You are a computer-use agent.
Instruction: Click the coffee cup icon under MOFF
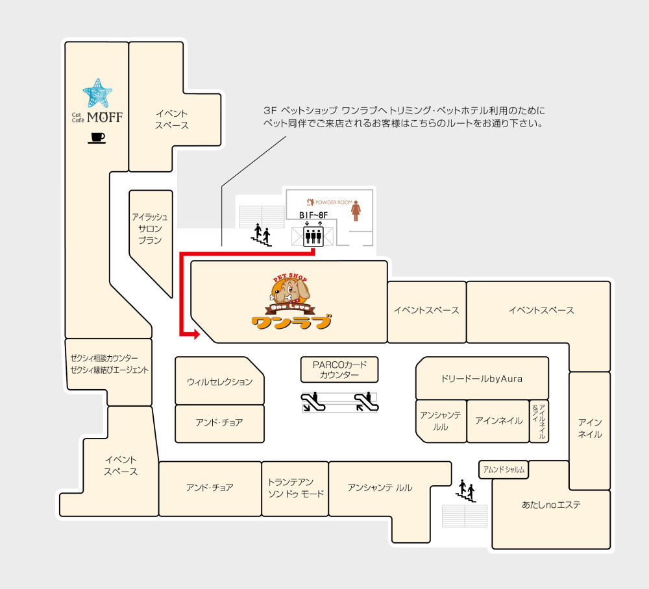[97, 138]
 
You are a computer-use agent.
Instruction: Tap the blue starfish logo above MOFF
[97, 94]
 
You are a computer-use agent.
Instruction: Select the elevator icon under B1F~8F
[313, 235]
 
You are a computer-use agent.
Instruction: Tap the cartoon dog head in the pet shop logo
[290, 293]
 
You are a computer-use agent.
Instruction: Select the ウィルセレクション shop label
[219, 382]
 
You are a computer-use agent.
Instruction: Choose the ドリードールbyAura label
[482, 378]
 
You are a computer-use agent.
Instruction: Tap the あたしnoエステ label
[551, 505]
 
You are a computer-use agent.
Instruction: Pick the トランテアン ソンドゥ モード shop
[295, 488]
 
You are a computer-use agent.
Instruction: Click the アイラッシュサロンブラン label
[150, 228]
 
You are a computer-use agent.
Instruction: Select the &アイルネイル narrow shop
[539, 421]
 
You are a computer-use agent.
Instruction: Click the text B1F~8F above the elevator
[313, 215]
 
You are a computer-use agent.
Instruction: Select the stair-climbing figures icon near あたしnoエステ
[466, 490]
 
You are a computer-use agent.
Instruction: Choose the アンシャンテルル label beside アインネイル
[441, 421]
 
